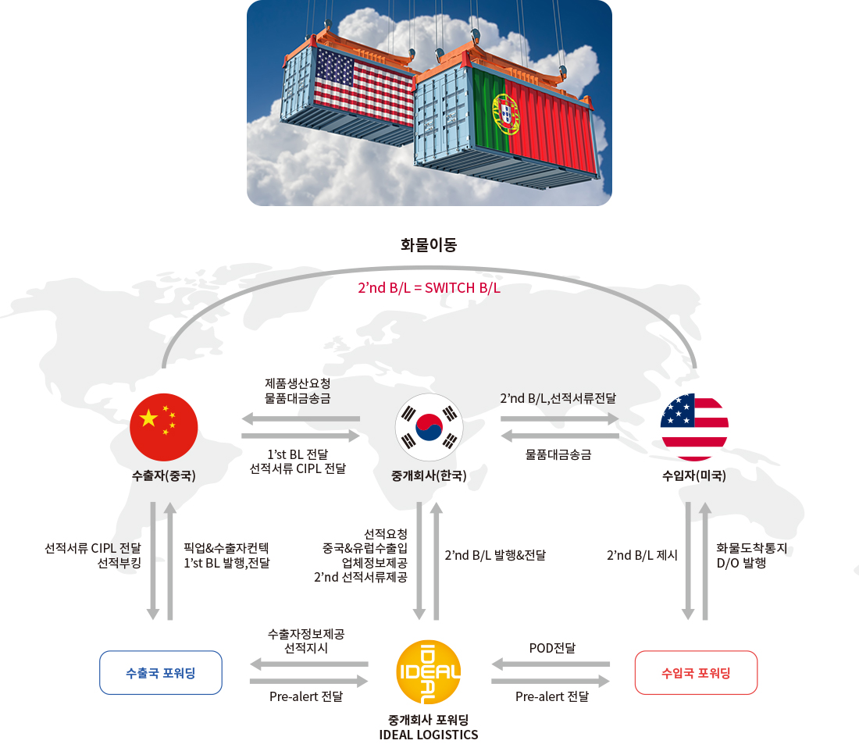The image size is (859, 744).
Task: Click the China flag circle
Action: (x=164, y=427)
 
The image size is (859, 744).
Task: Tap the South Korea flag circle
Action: (x=429, y=427)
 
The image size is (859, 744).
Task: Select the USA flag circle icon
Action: (x=695, y=427)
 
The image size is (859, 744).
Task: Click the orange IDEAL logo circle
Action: (x=429, y=672)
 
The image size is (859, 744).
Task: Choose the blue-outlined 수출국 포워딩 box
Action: (x=161, y=673)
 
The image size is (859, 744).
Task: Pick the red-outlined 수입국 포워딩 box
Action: (x=696, y=673)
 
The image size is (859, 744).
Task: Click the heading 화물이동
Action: (x=429, y=245)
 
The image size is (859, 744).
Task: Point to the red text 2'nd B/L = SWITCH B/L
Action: (x=429, y=288)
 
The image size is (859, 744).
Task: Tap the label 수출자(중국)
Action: (x=164, y=475)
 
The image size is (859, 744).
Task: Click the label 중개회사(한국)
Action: (x=429, y=475)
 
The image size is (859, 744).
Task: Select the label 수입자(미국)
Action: (x=694, y=475)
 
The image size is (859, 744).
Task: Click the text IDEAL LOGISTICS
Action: (x=429, y=735)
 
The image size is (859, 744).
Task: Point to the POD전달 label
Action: (x=552, y=648)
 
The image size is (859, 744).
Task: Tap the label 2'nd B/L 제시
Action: (x=642, y=556)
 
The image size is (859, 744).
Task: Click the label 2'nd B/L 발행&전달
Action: (x=495, y=556)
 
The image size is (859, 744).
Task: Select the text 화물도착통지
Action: (x=751, y=548)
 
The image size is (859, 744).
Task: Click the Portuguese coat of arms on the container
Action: (x=506, y=114)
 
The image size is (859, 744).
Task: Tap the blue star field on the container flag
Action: (x=335, y=69)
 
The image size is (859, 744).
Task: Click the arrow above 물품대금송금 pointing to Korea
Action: (x=560, y=436)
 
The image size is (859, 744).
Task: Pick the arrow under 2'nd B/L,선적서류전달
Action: (x=560, y=419)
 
